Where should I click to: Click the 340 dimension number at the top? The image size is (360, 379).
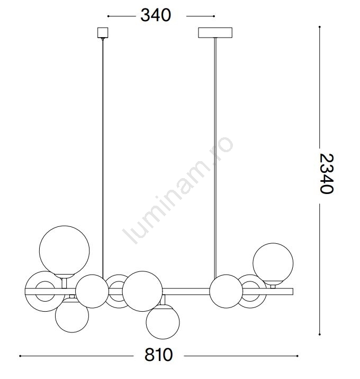156,15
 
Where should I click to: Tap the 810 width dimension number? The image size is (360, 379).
159,355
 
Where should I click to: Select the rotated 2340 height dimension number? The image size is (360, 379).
327,173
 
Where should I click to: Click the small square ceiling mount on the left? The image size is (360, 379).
103,33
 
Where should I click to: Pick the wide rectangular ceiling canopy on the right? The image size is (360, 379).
215,33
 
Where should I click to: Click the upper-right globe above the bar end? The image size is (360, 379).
273,264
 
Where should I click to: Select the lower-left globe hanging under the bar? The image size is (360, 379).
72,315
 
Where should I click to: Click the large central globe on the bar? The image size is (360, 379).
142,291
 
